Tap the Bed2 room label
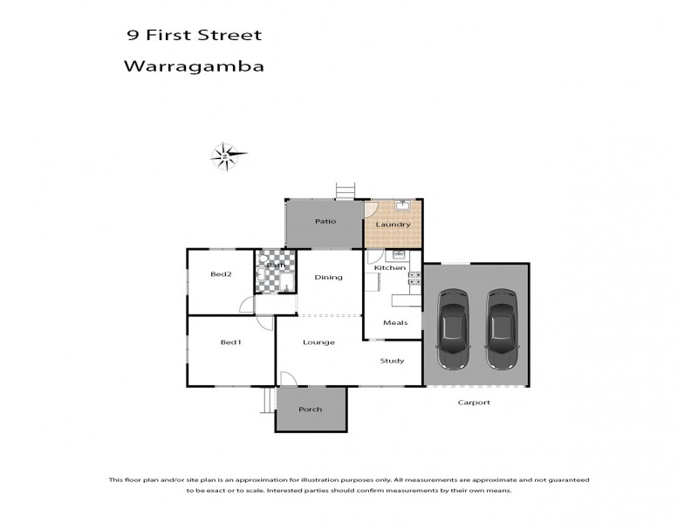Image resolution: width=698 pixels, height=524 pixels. pos(221,273)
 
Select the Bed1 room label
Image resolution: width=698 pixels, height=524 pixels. pos(230,341)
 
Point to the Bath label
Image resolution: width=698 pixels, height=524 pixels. pos(276,265)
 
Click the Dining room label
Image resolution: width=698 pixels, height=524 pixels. pos(328,278)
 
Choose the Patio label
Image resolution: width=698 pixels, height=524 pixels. pos(325,222)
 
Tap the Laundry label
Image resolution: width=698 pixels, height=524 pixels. pos(393,225)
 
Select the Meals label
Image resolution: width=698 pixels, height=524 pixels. pos(395,322)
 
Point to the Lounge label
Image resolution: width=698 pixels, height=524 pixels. pos(318,342)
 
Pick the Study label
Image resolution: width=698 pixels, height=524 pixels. pos(392,360)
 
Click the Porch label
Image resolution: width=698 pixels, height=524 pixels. pos(310,409)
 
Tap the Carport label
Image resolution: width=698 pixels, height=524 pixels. pos(474,403)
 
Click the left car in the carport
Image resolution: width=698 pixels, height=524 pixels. pos(452,330)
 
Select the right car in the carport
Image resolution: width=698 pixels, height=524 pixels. pos(501,330)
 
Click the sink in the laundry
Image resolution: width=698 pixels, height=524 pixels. pos(401,207)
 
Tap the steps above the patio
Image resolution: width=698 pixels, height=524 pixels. pos(346,190)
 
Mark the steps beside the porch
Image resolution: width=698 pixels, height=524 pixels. pos(268,401)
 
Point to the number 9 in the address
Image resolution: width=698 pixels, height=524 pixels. pos(133,36)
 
